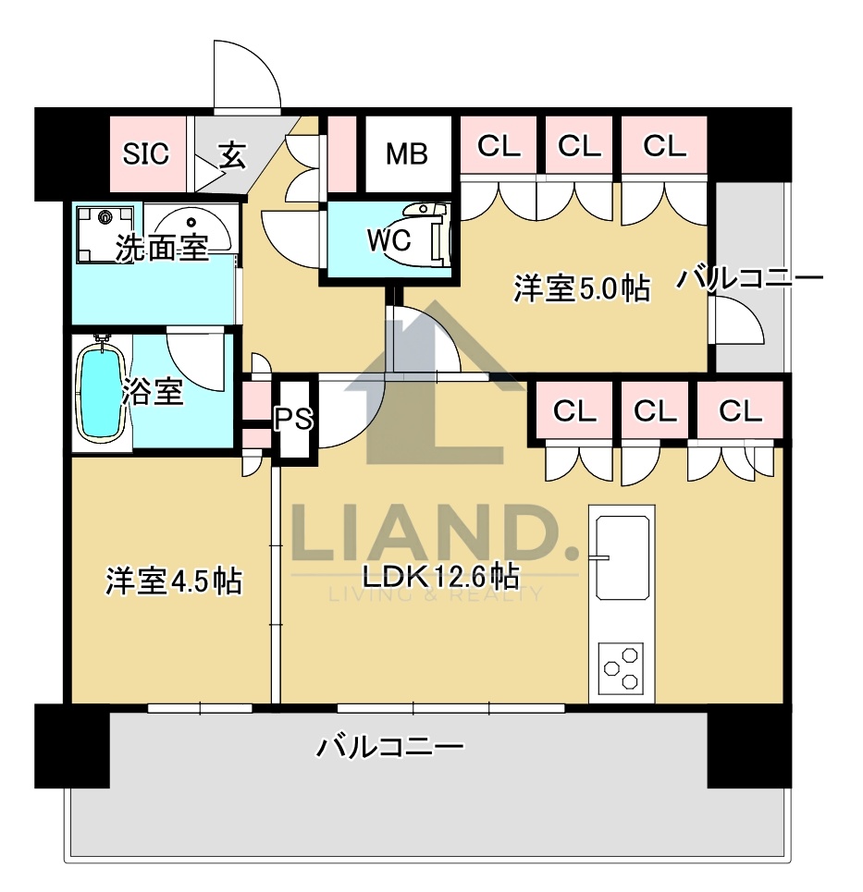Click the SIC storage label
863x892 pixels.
147,153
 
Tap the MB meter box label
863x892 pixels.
407,153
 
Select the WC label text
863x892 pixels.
388,239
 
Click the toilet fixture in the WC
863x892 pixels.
435,235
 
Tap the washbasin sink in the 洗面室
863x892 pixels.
191,225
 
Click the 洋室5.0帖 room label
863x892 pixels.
581,289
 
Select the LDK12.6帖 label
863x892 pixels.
439,578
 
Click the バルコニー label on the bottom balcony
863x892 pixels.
389,747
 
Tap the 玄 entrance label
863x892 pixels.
232,155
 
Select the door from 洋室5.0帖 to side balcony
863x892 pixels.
738,324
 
